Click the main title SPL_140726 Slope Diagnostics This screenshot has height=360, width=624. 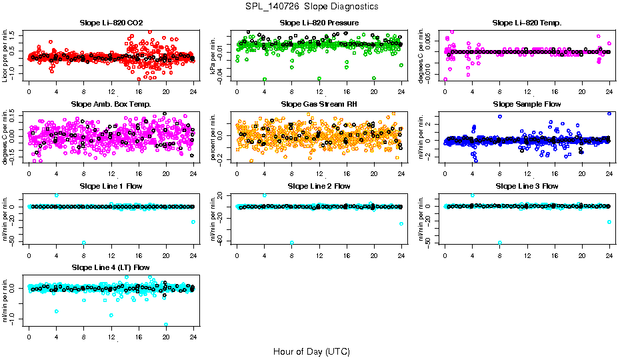[311, 6]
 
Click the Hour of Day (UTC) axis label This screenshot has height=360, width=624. [311, 351]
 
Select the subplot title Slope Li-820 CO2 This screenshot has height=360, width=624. [111, 23]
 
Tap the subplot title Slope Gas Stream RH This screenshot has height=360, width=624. [319, 104]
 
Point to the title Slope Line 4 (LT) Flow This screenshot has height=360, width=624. [111, 267]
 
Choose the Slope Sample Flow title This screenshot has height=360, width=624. [527, 104]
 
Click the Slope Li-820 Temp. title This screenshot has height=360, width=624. [527, 23]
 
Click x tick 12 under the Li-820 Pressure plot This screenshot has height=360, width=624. [319, 91]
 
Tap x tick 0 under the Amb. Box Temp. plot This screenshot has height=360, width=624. [29, 173]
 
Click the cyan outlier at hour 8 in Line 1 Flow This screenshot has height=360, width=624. [84, 243]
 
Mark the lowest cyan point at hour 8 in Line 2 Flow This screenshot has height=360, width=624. [292, 243]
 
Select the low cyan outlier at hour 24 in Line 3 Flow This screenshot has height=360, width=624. [609, 222]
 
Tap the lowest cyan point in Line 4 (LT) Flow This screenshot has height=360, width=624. [166, 325]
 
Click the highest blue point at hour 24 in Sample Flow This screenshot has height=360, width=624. [609, 113]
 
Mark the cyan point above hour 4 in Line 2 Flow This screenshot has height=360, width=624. [265, 195]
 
